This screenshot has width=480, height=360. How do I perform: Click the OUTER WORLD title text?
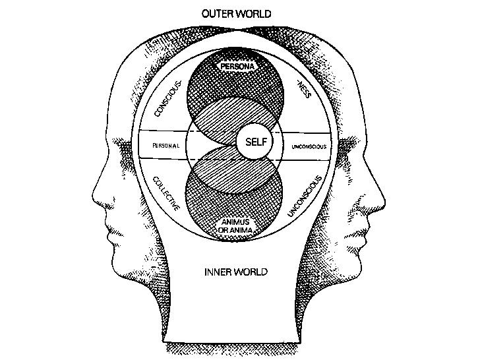point(236,13)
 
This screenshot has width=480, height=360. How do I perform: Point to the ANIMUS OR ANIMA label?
point(236,225)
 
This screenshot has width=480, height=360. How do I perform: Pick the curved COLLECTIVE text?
point(165,193)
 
